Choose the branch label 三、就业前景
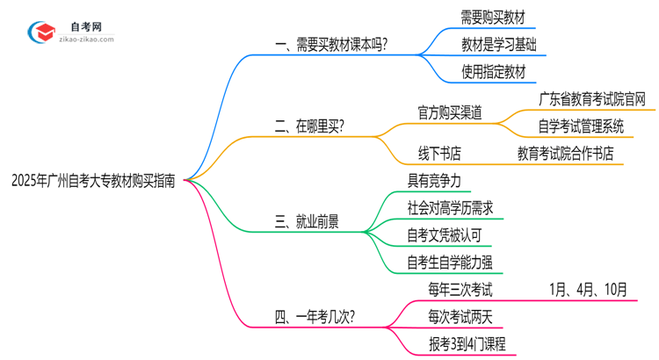point(308,222)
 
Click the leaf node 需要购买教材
point(493,17)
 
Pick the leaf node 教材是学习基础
point(499,44)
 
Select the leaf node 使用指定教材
point(493,72)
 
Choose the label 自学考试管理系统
point(582,126)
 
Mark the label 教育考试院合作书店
point(566,154)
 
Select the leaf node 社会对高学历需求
point(449,208)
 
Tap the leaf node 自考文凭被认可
point(443,235)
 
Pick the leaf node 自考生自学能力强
point(449,262)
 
